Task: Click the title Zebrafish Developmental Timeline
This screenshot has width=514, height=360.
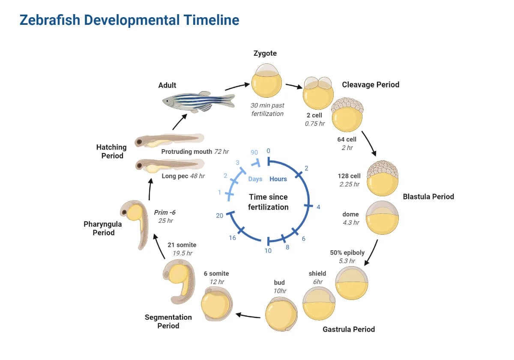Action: point(129,20)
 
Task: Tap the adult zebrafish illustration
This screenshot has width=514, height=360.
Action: point(198,101)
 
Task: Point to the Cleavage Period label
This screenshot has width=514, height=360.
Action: point(371,85)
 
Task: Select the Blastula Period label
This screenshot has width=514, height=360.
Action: point(428,197)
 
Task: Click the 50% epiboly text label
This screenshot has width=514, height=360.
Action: point(347,252)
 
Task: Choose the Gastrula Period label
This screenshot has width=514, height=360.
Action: point(349,329)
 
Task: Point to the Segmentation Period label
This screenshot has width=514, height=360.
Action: point(168,321)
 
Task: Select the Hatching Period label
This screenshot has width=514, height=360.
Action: point(112,151)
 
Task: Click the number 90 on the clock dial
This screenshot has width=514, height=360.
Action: point(254,153)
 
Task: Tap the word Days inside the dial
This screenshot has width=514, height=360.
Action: point(255,179)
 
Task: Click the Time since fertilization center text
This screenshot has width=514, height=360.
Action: point(269,202)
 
